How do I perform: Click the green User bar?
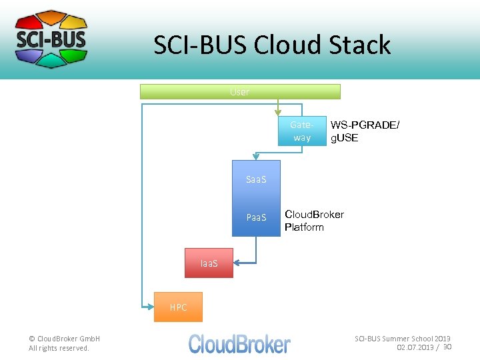[x=240, y=92]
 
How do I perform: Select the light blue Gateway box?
[x=301, y=131]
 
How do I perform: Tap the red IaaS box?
[x=209, y=263]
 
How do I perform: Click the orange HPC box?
[x=178, y=307]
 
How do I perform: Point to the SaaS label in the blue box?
[x=256, y=179]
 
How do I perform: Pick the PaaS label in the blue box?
[x=256, y=217]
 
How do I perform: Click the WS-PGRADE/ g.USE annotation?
[x=365, y=131]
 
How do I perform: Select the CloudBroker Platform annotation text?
[x=314, y=221]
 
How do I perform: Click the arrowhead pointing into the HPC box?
[x=149, y=306]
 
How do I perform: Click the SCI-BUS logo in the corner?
[x=51, y=39]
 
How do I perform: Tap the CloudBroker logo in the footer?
[x=239, y=343]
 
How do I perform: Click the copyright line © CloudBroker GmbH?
[x=64, y=339]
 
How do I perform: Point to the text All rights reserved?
[x=59, y=348]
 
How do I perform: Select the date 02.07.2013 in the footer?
[x=415, y=348]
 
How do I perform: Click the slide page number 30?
[x=447, y=347]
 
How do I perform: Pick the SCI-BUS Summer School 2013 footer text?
[x=402, y=339]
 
